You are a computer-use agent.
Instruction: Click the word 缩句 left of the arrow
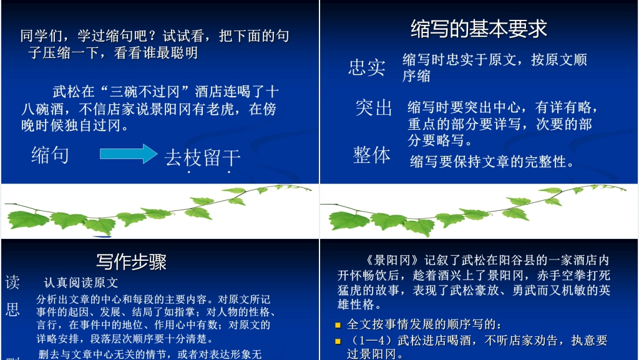(50, 154)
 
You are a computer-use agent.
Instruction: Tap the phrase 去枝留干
(202, 158)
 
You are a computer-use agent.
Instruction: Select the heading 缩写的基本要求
(479, 28)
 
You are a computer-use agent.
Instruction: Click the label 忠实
(367, 67)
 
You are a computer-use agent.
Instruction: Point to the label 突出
(374, 107)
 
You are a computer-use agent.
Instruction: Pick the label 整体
(372, 155)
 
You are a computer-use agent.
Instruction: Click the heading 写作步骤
(131, 261)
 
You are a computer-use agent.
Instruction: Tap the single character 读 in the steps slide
(12, 283)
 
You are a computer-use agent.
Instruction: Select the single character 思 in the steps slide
(12, 310)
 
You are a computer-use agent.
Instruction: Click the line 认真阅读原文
(81, 283)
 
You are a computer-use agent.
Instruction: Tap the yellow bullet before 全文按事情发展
(338, 325)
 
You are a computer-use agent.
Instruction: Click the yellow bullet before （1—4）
(338, 341)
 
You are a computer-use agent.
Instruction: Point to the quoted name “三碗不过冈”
(149, 92)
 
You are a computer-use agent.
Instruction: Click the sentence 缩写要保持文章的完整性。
(492, 162)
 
